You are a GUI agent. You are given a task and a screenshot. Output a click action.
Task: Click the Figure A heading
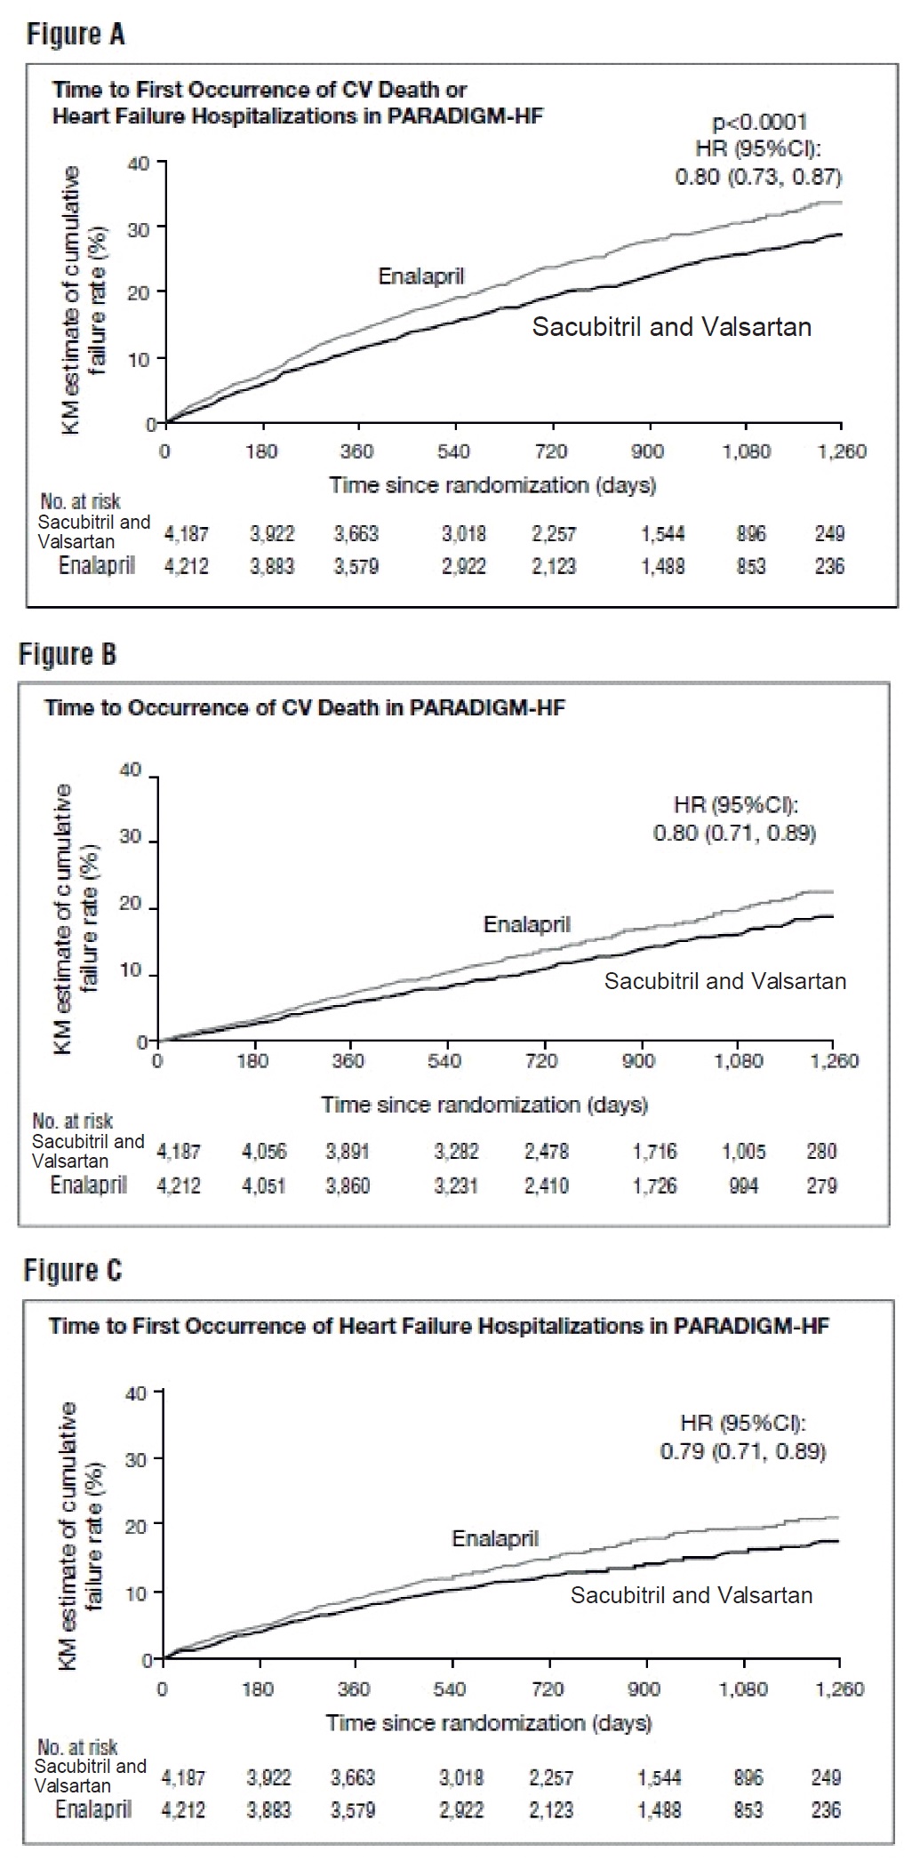pyautogui.click(x=76, y=35)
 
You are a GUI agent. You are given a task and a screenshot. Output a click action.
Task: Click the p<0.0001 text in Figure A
pyautogui.click(x=759, y=123)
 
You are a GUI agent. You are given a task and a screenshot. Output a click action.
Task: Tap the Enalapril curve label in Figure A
pyautogui.click(x=421, y=276)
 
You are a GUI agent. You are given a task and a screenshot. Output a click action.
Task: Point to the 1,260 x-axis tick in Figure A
pyautogui.click(x=841, y=452)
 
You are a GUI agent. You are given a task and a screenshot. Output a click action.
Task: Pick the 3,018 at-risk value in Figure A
pyautogui.click(x=464, y=534)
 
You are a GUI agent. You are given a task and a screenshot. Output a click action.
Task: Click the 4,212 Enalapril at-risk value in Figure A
pyautogui.click(x=187, y=567)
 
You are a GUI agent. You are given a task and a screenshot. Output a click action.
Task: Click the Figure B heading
pyautogui.click(x=68, y=655)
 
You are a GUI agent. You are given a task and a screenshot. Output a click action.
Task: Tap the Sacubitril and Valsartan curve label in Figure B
pyautogui.click(x=725, y=982)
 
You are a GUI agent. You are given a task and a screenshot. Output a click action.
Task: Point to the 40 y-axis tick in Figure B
pyautogui.click(x=131, y=770)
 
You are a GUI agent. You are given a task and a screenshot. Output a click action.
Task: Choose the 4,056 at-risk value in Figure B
pyautogui.click(x=264, y=1153)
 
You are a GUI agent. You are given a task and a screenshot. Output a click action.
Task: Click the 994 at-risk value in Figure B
pyautogui.click(x=743, y=1185)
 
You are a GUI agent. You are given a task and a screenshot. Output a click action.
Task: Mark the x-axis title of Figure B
pyautogui.click(x=484, y=1105)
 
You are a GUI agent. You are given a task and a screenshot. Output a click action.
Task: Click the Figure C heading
pyautogui.click(x=73, y=1272)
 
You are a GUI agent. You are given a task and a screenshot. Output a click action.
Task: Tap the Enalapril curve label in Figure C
pyautogui.click(x=495, y=1538)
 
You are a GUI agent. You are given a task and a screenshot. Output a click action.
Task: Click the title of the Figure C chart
pyautogui.click(x=438, y=1326)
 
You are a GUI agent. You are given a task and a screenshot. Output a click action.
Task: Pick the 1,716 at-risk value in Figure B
pyautogui.click(x=654, y=1153)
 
